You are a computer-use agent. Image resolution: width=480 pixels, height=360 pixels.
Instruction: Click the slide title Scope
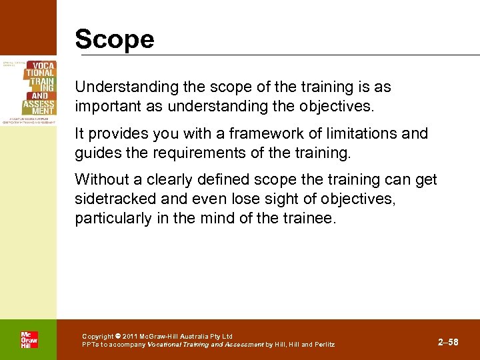(x=114, y=39)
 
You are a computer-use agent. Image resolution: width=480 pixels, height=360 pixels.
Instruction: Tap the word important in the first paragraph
(x=106, y=107)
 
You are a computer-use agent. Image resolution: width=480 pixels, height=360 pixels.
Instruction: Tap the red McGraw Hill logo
(x=29, y=339)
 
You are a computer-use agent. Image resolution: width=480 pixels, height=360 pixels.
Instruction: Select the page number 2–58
(x=448, y=342)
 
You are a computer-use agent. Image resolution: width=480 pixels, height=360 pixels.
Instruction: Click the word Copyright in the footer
(x=97, y=336)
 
